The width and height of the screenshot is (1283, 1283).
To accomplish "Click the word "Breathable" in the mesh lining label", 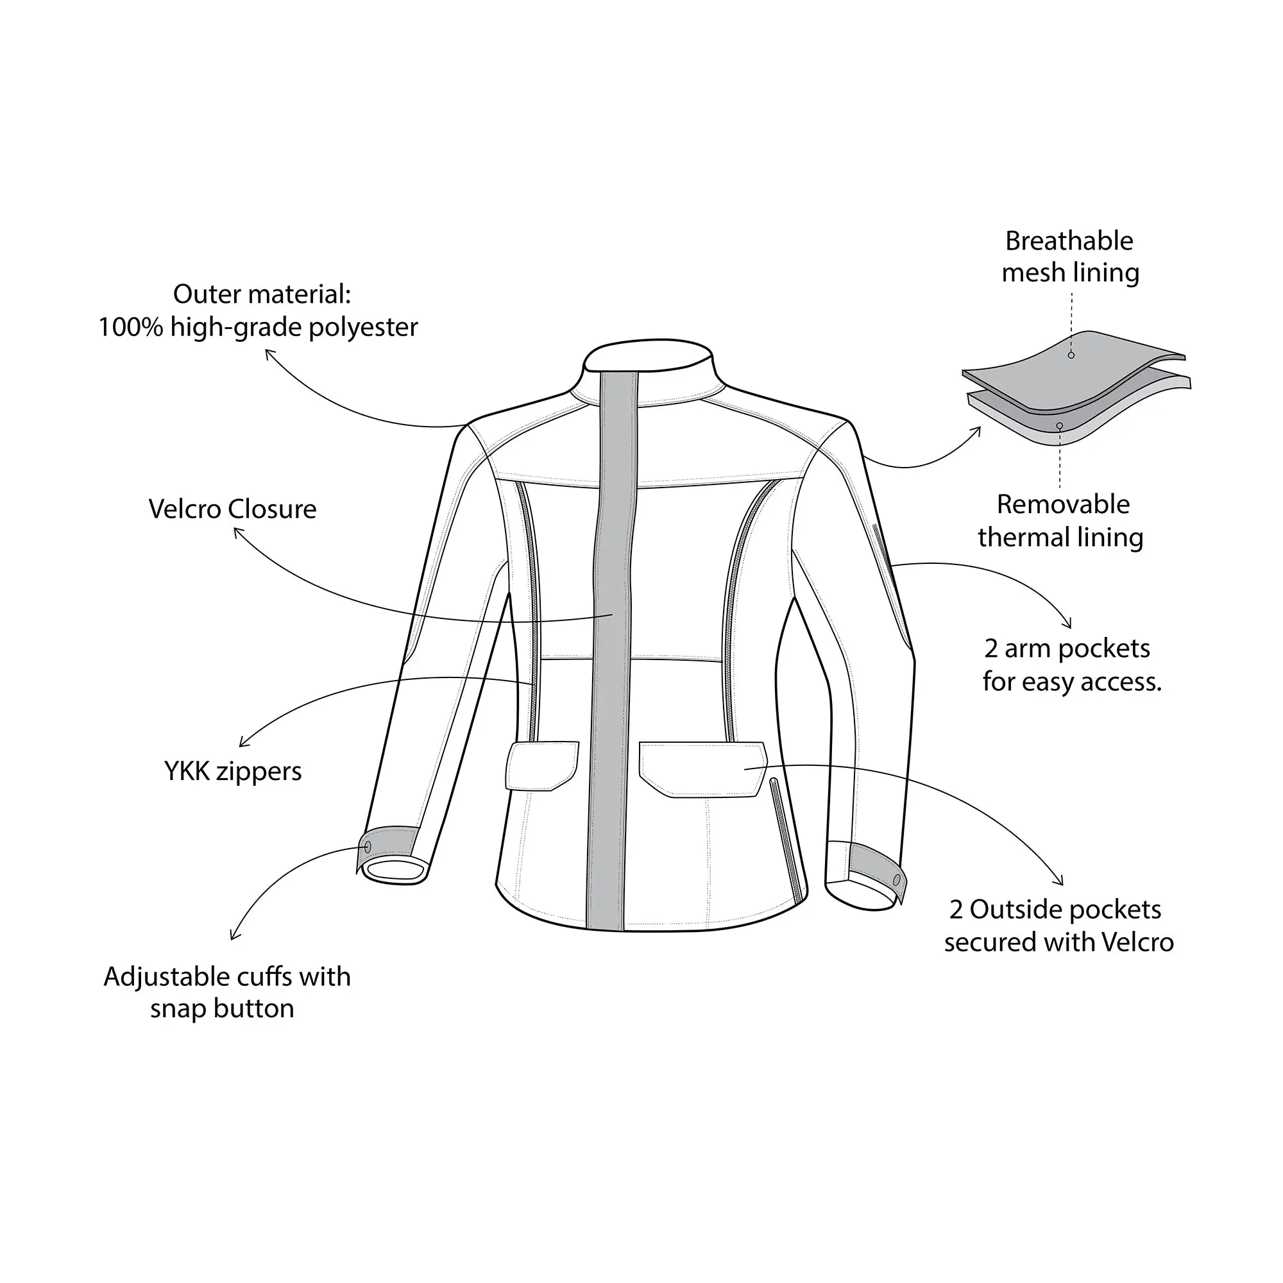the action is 1069,241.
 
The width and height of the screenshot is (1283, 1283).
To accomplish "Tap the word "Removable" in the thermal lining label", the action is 1062,505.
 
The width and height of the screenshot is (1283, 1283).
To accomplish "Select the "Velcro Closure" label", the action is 232,509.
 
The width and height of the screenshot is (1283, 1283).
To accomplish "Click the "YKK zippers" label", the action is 232,772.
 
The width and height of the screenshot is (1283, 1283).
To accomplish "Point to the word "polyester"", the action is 362,327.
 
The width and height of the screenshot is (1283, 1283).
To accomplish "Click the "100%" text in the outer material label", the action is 130,327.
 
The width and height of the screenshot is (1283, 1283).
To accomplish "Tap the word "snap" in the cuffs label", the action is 178,1009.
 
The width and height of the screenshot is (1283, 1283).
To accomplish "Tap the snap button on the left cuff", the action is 368,847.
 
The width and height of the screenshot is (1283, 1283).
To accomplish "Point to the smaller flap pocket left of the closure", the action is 542,766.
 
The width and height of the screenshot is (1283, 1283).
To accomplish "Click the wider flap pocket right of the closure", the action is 702,769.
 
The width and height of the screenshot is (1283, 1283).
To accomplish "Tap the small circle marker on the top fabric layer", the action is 1071,355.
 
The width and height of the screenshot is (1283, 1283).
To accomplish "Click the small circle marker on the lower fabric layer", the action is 1059,426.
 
